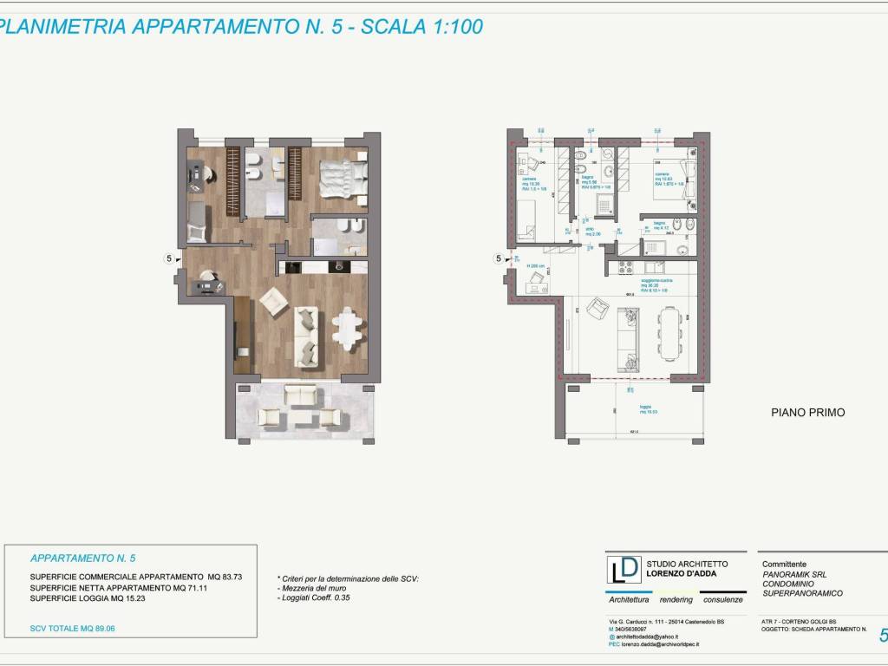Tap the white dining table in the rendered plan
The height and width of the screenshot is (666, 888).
point(349,327)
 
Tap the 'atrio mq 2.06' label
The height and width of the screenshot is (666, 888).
point(591,232)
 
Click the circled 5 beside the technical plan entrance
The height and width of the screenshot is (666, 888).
point(498,258)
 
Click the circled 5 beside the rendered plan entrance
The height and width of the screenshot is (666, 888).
point(170,258)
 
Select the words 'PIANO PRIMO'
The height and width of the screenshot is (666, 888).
point(807,413)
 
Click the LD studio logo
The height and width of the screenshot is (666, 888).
point(624,571)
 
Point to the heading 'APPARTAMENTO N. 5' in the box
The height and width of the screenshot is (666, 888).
point(83,558)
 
